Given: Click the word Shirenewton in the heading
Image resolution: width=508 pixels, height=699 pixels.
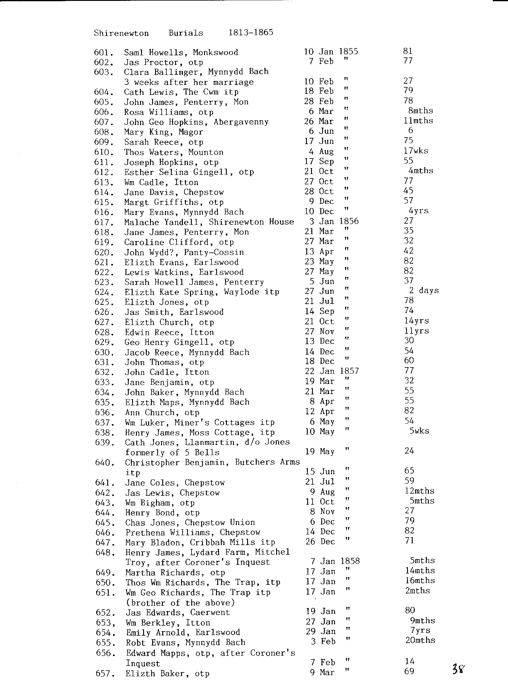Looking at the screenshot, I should (121, 33).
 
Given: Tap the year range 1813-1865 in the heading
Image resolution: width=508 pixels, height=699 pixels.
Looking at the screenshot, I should (251, 32).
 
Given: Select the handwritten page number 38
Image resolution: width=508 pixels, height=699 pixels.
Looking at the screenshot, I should (458, 669).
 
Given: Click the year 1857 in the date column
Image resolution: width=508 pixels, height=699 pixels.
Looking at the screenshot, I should (349, 371).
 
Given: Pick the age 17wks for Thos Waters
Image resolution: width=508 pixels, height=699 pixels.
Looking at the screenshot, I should (416, 151).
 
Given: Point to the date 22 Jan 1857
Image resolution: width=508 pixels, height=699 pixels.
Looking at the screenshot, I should (332, 371).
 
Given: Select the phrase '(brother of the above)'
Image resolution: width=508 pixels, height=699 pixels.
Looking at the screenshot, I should (180, 602).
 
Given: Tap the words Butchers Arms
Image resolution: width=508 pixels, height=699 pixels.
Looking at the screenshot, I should (267, 462).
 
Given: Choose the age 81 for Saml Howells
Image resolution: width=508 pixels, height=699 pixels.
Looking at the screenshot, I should (408, 51).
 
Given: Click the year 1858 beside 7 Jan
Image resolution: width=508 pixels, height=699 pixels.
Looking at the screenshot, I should (350, 561).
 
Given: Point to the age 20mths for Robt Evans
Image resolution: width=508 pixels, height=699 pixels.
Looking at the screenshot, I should (420, 640).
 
